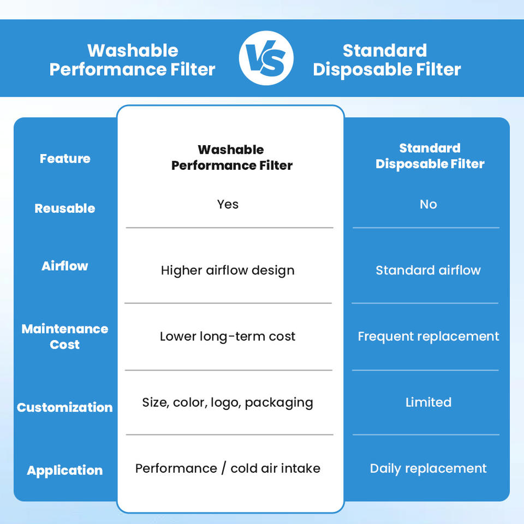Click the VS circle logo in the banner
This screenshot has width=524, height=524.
(266, 58)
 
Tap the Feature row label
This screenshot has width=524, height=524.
(65, 158)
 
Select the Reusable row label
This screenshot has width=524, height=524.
(65, 208)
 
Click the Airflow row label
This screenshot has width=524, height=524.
(65, 266)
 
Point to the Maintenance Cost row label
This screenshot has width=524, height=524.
(65, 337)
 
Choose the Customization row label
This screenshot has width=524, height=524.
(65, 407)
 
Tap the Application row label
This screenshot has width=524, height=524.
(65, 471)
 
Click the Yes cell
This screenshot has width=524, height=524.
(228, 204)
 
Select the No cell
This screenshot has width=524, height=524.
(428, 204)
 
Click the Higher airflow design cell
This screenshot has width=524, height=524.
(228, 270)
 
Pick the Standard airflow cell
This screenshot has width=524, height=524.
(428, 270)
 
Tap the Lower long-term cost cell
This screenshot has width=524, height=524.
(228, 337)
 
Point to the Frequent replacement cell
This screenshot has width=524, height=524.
(428, 337)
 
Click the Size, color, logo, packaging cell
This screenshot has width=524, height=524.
(228, 403)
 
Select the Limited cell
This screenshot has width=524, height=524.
(428, 402)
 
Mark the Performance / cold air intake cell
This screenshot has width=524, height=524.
(228, 468)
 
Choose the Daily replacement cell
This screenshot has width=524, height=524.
(428, 469)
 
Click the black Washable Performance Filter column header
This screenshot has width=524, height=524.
(231, 157)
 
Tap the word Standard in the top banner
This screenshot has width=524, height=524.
(385, 50)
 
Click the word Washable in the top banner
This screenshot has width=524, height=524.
(133, 50)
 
